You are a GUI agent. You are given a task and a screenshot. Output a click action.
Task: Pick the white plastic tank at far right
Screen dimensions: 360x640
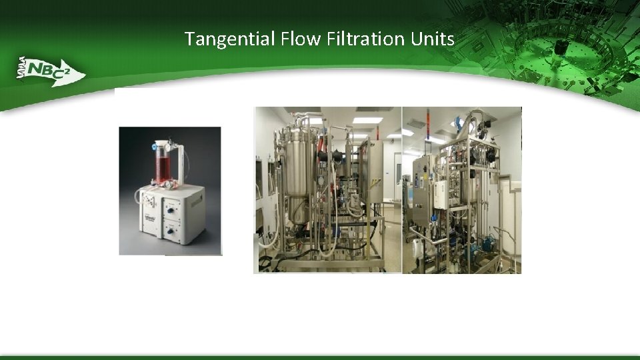[x=512, y=220]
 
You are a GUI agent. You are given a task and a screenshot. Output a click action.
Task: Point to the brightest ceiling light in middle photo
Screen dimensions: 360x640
[x=367, y=121]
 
